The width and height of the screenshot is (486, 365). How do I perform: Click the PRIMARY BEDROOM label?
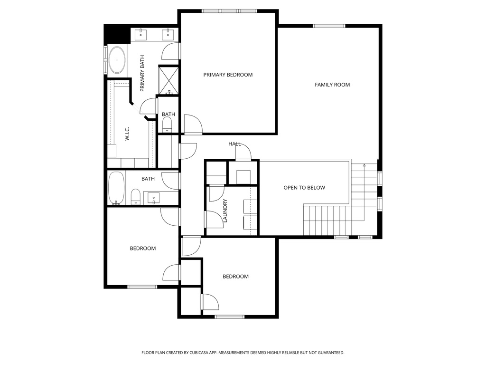pos(228,75)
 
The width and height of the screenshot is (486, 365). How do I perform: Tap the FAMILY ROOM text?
pos(332,85)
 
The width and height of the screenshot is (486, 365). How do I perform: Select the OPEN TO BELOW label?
pos(304,188)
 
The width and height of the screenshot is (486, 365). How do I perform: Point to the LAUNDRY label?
pos(225,211)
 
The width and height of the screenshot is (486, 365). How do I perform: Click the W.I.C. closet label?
pos(128,134)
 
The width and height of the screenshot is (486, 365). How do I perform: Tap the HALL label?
pos(234,144)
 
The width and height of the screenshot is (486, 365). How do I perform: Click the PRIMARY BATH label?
pos(142,74)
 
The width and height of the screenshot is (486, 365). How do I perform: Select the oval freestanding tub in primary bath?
pos(117,61)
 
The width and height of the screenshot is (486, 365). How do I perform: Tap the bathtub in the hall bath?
pos(116,188)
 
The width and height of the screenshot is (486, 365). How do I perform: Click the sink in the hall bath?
pos(153,197)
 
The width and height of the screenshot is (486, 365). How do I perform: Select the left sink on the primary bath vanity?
pos(141,34)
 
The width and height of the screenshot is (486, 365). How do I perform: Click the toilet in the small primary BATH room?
pos(167,125)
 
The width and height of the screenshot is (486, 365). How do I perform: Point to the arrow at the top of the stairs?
pos(364,165)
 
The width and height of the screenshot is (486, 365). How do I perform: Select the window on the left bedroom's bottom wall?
pos(142,287)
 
